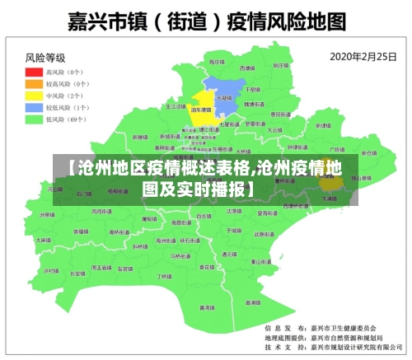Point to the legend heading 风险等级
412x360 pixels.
click(45, 58)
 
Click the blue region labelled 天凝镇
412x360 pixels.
click(224, 96)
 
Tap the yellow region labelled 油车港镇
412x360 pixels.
click(200, 110)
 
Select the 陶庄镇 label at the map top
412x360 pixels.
click(216, 62)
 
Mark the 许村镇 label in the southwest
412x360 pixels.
click(51, 270)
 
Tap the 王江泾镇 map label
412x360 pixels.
click(176, 106)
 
